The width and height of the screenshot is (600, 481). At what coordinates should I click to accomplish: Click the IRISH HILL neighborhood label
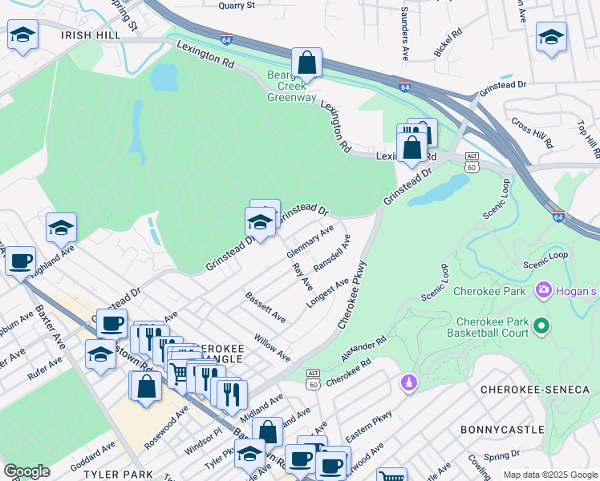point(91,36)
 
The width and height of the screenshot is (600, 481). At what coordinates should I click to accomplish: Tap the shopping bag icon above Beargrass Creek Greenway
point(306,62)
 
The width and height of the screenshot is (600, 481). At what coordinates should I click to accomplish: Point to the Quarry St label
point(237,5)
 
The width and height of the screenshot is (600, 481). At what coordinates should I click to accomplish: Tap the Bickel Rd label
point(449,42)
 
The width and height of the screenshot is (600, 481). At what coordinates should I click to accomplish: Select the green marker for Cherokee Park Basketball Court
point(541,325)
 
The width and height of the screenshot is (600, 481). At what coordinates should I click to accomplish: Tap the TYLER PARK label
point(120,474)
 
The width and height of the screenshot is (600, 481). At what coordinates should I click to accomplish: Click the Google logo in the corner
point(26,471)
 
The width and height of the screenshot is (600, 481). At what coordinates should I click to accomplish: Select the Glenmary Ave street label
point(310,242)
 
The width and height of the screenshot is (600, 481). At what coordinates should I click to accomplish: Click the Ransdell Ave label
point(332,252)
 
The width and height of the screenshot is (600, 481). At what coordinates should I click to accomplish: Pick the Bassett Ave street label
point(266,307)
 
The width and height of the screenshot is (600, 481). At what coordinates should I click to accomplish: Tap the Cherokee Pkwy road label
point(352,293)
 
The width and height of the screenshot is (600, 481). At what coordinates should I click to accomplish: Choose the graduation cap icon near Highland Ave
point(61,228)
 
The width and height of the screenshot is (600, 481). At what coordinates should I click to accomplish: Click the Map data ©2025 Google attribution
point(550,475)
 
